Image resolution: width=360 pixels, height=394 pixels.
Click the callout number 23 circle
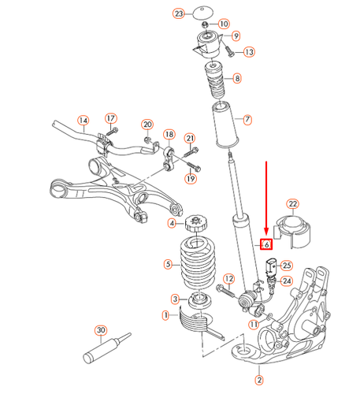coord(178,14)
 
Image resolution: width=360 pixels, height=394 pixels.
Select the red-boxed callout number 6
coord(267,244)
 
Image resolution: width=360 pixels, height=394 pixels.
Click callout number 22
coord(292,205)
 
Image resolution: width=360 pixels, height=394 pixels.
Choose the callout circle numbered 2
coord(259,379)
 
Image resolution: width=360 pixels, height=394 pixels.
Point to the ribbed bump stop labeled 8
coord(213,80)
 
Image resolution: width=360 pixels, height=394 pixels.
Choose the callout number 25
coord(287,266)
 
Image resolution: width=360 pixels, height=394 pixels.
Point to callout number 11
coord(254,324)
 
